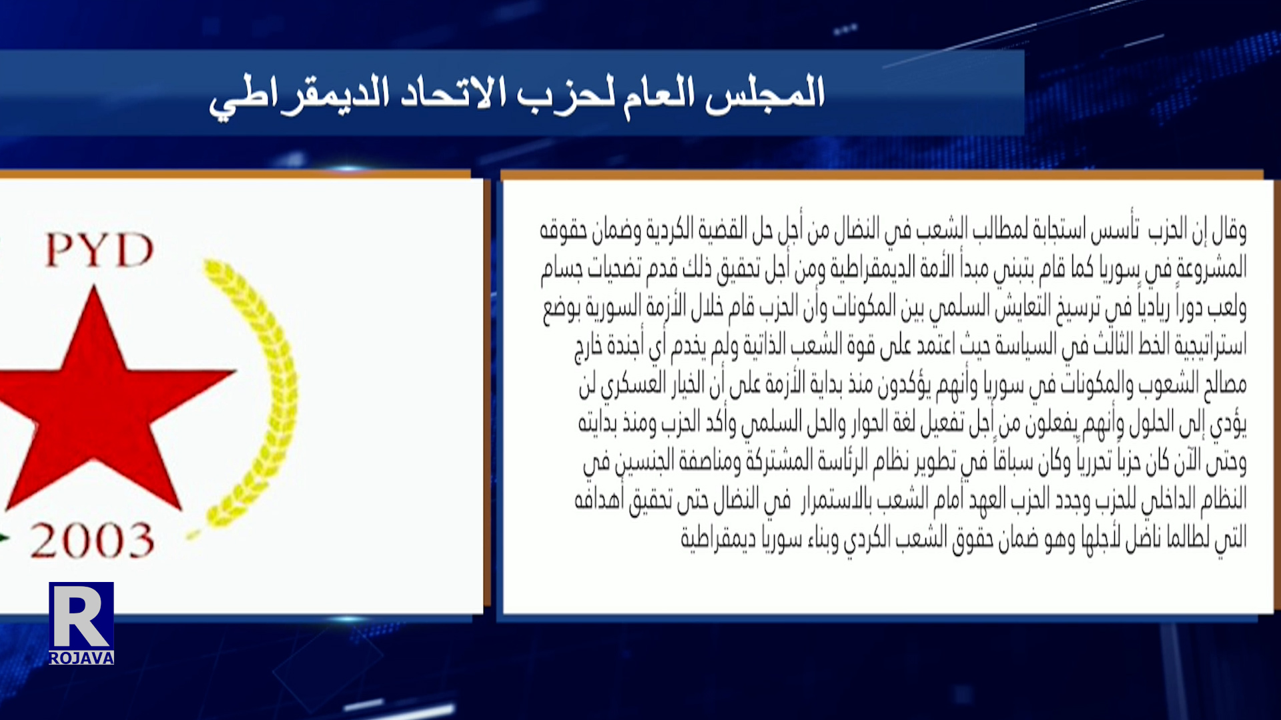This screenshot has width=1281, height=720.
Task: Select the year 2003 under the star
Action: (92, 540)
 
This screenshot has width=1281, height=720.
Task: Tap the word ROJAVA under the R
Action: (81, 658)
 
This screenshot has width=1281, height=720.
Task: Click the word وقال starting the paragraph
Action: (1228, 230)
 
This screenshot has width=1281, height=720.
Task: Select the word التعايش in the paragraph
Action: (1021, 307)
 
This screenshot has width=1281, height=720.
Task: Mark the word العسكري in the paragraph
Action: (633, 384)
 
